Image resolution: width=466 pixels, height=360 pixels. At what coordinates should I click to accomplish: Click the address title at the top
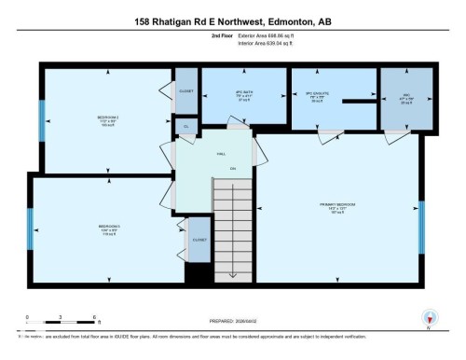pos(233,21)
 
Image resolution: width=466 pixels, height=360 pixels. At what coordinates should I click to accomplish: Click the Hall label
pos(222,153)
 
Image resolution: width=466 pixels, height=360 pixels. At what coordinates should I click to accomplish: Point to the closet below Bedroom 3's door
pos(199,240)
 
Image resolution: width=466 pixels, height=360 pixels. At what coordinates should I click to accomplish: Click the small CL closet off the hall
pos(185,126)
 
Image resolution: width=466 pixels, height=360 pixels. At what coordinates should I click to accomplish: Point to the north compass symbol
pos(428,317)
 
